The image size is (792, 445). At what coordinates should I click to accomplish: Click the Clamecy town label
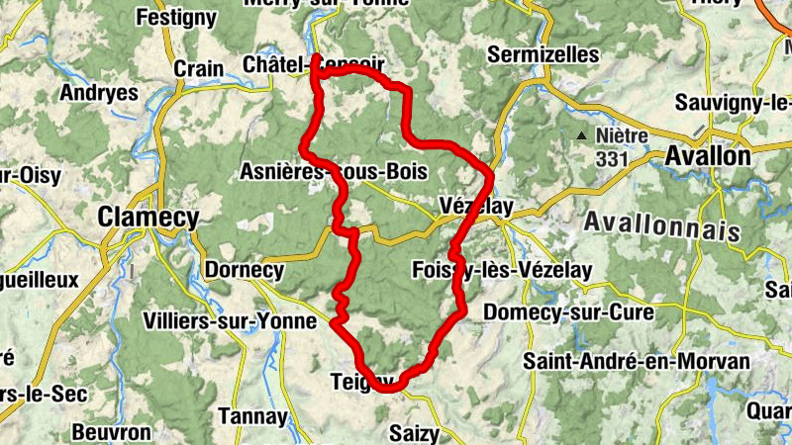click(148, 218)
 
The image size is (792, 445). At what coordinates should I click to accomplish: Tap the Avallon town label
click(708, 156)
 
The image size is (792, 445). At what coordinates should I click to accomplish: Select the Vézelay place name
click(475, 207)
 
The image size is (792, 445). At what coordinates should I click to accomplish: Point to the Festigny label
click(176, 17)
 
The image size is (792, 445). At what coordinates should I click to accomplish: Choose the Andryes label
click(99, 93)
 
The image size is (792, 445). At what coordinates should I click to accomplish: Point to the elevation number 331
click(611, 156)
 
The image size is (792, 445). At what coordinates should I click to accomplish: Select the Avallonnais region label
click(662, 225)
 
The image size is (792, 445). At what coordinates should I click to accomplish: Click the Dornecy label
click(243, 270)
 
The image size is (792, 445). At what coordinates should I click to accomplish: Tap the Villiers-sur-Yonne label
click(229, 321)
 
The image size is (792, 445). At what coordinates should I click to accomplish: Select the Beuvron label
click(111, 432)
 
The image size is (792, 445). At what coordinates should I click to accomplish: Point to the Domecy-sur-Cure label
click(568, 313)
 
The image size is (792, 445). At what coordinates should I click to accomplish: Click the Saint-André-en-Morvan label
click(637, 361)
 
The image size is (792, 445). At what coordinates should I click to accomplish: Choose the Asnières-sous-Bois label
click(334, 172)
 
